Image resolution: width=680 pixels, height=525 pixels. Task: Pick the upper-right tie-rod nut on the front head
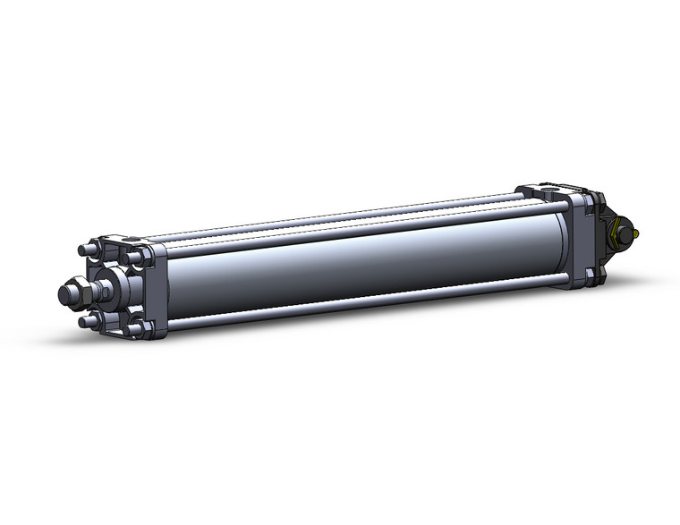(x=133, y=257)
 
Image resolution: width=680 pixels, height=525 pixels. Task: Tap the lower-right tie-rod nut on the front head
(x=135, y=328)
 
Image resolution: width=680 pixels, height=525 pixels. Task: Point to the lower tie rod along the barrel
(x=358, y=303)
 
